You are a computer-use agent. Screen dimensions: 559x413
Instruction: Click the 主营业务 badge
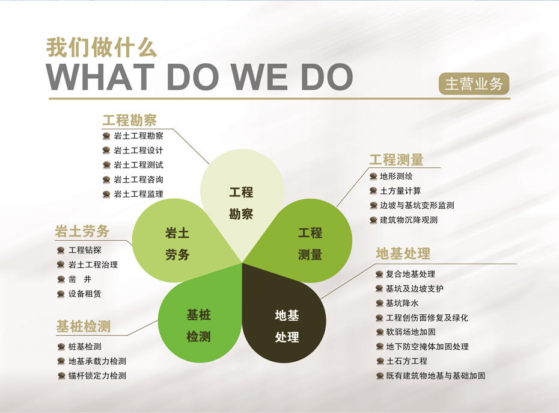[x=474, y=84]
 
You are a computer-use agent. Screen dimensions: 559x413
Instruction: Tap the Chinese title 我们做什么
[x=102, y=48]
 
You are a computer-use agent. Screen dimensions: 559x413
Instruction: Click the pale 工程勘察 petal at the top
[x=242, y=200]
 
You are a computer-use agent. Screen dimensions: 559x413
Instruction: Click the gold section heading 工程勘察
[x=129, y=120]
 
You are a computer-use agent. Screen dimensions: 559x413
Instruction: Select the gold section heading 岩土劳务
[x=82, y=231]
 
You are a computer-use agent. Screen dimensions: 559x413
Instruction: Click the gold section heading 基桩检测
[x=84, y=326]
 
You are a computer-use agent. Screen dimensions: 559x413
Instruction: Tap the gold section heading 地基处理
[x=403, y=254]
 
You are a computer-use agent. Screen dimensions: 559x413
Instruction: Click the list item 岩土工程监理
[x=138, y=194]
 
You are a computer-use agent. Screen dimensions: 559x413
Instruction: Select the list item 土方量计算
[x=400, y=191]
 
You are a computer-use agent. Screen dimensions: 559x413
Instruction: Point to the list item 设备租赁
[x=85, y=294]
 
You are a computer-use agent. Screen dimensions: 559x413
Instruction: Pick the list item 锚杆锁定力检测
[x=97, y=376]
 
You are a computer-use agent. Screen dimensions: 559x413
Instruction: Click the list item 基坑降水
[x=402, y=303]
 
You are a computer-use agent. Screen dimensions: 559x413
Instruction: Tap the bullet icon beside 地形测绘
[x=373, y=176]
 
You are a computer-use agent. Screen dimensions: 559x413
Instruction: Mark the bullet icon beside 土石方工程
[x=380, y=361]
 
